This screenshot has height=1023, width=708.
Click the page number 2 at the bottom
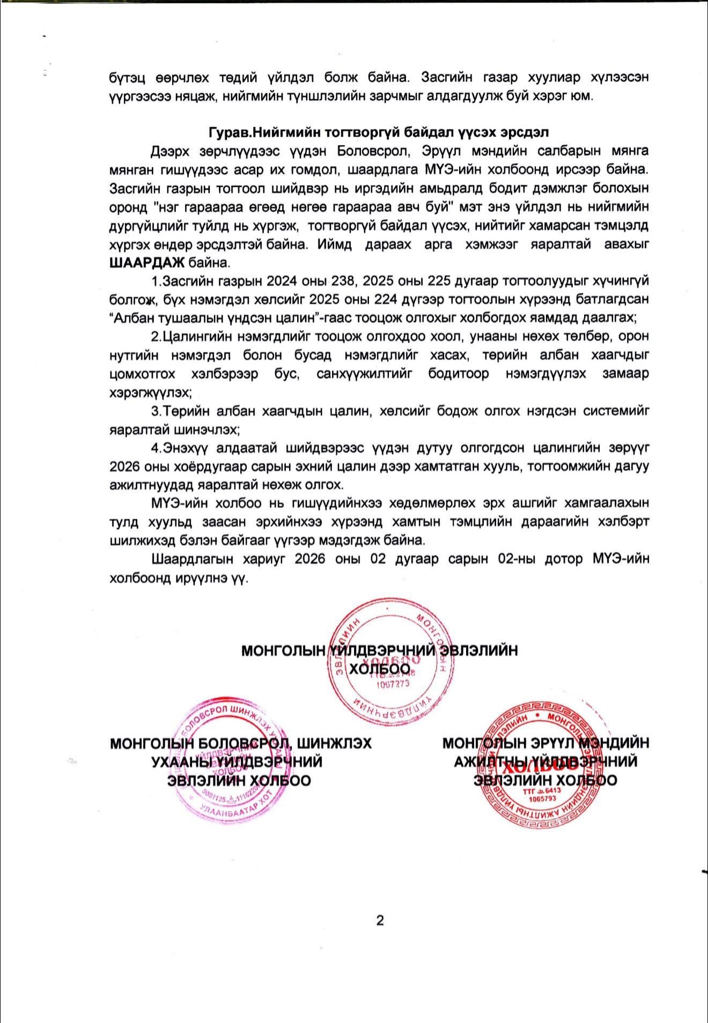[x=380, y=921]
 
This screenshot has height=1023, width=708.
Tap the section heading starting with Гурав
[x=378, y=132]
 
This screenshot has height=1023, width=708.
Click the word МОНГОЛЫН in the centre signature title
[x=283, y=651]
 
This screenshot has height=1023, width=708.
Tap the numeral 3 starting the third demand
[x=155, y=411]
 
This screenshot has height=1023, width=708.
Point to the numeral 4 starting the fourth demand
[x=155, y=448]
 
